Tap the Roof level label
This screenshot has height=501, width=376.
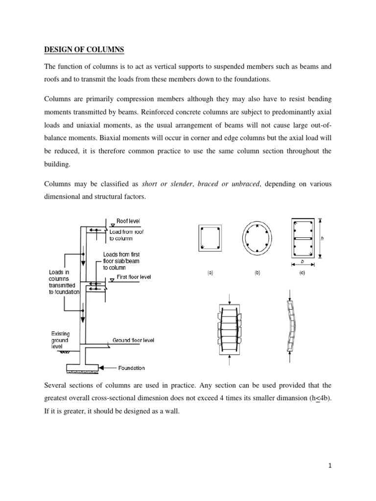(128, 221)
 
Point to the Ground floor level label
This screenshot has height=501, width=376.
(134, 340)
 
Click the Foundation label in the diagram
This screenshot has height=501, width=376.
(132, 368)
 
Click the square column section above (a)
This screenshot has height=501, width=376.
(210, 238)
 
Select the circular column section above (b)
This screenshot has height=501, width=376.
(257, 239)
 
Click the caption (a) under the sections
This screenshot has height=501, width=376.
(210, 273)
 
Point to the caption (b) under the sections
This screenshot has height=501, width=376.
(257, 273)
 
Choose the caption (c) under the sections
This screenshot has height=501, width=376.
(302, 273)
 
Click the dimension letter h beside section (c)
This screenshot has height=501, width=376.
(323, 238)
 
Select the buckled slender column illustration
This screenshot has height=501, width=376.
(291, 326)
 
